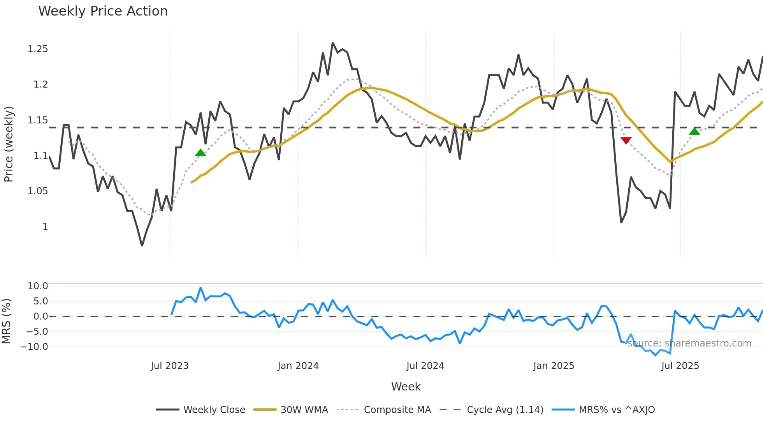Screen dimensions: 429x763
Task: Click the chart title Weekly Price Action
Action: tap(103, 11)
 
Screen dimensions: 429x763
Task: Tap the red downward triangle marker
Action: tap(626, 141)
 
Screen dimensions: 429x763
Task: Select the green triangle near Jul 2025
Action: tap(694, 131)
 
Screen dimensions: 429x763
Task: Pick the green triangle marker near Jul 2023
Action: tap(200, 153)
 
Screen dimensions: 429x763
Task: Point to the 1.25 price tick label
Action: tap(38, 49)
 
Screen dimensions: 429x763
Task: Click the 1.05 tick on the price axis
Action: tap(38, 191)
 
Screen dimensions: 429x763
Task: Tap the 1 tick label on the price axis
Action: tap(45, 227)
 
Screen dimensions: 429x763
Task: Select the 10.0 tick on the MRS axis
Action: tap(38, 286)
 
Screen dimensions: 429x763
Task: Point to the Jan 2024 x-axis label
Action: tap(298, 366)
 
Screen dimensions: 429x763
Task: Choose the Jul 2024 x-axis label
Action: tap(425, 366)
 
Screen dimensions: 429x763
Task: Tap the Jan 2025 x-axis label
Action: tap(554, 366)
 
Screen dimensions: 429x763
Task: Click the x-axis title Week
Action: tap(406, 387)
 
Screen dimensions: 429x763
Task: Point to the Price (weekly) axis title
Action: tap(9, 144)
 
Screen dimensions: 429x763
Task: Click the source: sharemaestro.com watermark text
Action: tap(689, 343)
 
